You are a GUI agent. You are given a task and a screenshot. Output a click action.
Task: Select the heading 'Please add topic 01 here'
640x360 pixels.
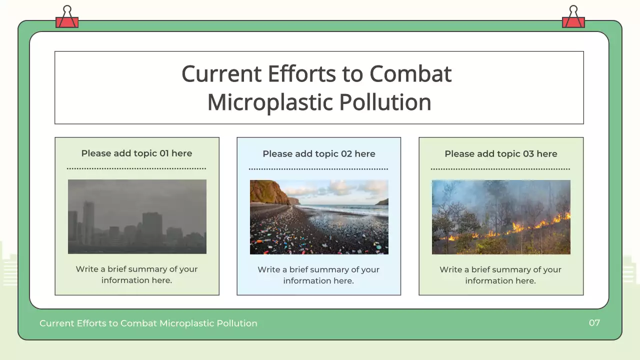pos(136,153)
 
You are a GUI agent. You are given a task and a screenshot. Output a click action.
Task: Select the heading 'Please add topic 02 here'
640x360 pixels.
pos(318,154)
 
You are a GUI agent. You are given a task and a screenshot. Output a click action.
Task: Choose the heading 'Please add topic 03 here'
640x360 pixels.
pos(500,154)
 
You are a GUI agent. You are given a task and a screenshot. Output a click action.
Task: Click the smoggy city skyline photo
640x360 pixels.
pos(137,216)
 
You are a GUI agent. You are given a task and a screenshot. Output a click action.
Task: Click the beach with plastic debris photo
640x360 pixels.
pos(319,217)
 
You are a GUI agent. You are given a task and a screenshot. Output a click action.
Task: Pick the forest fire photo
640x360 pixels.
pos(501,217)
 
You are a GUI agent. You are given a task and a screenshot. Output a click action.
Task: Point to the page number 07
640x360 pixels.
pos(594,323)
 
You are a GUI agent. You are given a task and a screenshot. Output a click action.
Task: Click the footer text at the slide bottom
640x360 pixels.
pos(148,323)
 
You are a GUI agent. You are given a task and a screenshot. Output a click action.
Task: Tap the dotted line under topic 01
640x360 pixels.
pos(136,168)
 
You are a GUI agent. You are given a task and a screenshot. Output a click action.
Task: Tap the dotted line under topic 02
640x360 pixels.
pos(318,169)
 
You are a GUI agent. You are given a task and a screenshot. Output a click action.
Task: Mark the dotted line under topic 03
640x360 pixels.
pos(500,169)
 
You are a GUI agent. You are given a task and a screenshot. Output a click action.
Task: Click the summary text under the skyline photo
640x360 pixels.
pos(136,274)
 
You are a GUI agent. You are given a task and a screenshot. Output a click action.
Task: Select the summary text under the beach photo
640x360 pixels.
pos(318,275)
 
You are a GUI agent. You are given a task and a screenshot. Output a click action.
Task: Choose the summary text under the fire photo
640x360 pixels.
pos(500,275)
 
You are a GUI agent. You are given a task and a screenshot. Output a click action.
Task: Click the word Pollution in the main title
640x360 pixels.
pos(385,102)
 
